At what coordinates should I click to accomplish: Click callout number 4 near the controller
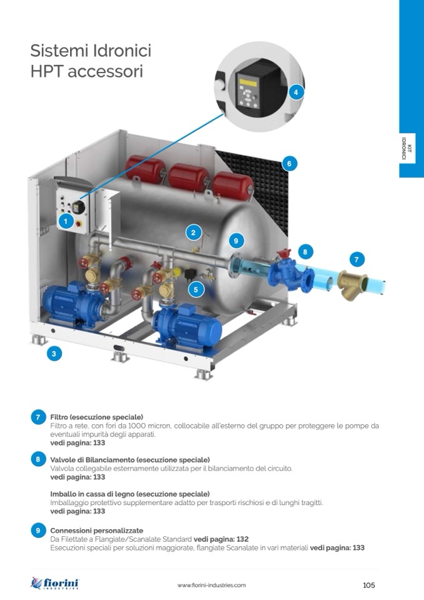click(x=296, y=92)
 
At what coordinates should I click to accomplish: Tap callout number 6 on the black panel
click(x=288, y=164)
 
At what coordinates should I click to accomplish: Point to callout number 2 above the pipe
click(x=193, y=232)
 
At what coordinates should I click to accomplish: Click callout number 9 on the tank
click(x=235, y=240)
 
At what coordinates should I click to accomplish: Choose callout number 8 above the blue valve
click(x=305, y=252)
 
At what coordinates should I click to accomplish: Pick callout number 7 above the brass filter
click(x=356, y=258)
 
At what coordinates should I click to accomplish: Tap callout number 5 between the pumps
click(x=196, y=290)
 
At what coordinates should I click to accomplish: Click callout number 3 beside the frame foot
click(x=54, y=353)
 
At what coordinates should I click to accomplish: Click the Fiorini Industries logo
click(x=55, y=584)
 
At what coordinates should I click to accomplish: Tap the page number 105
click(x=368, y=585)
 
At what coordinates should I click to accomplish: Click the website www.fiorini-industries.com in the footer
click(x=211, y=585)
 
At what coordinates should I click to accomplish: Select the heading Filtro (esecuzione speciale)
click(x=96, y=417)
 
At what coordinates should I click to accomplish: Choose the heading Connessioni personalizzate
click(x=96, y=530)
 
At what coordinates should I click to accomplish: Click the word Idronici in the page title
click(x=118, y=50)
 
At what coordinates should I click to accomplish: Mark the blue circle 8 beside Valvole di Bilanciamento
click(x=38, y=459)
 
